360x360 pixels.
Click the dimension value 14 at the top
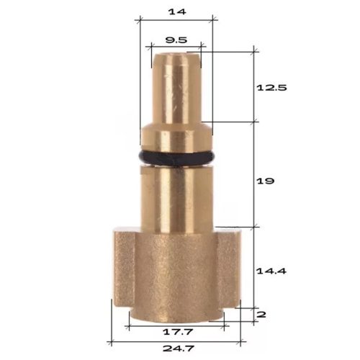tap(176, 12)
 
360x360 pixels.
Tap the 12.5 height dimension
tap(272, 87)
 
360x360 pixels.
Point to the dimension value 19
tap(265, 181)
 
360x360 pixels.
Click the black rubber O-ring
tap(176, 157)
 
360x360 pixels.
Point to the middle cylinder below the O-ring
tap(176, 194)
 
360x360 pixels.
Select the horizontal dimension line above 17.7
tap(176, 325)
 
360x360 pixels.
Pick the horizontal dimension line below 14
tap(176, 21)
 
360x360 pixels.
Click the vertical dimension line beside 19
tap(254, 173)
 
